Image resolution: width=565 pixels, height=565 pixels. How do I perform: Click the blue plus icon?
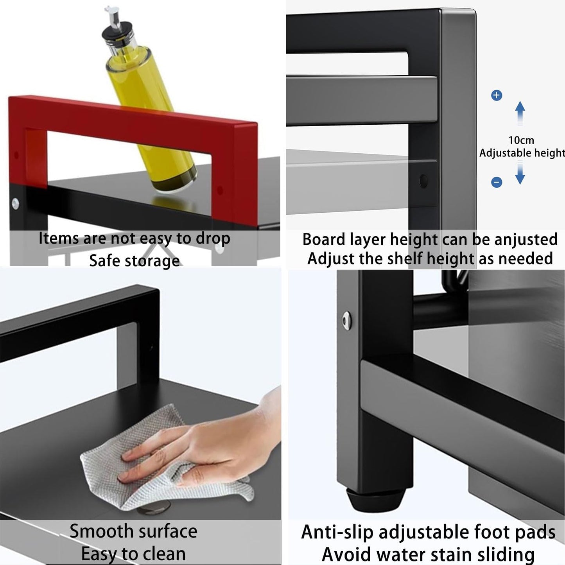click(497, 95)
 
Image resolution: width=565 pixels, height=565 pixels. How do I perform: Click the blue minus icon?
click(497, 182)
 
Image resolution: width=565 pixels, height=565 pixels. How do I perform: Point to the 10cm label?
click(521, 140)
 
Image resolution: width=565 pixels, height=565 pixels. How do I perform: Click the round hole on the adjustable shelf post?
click(423, 181)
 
